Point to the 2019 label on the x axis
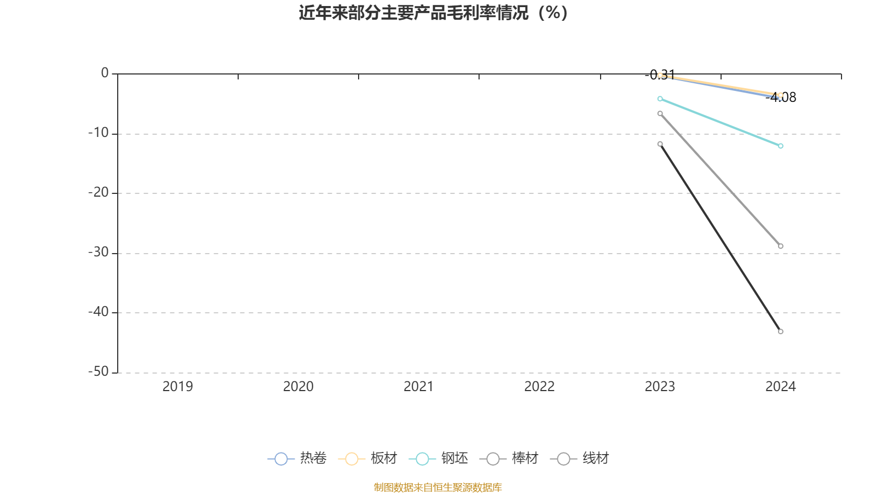(177, 386)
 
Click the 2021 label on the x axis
(418, 386)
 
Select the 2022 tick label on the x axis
(539, 386)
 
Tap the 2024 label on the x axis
(780, 386)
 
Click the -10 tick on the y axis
(99, 133)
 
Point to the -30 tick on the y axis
(99, 253)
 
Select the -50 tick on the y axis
(99, 372)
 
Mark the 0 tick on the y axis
(105, 73)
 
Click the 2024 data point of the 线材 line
(781, 331)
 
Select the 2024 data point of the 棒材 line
(781, 246)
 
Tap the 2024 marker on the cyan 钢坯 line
(781, 146)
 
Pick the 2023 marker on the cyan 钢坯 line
(660, 99)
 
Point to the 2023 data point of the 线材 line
(660, 144)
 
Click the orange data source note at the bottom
(437, 487)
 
